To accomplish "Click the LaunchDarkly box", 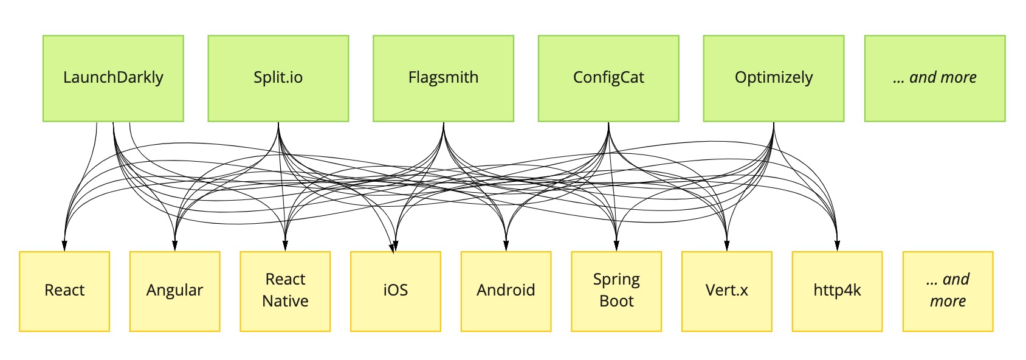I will pos(113,78).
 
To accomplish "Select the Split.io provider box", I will pos(278,78).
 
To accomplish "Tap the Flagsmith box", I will pos(443,78).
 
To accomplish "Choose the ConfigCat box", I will pos(608,78).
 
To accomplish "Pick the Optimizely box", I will pos(774,78).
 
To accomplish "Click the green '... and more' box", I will pos(935,78).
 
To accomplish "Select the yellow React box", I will pos(64,291).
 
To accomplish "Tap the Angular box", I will pos(175,291).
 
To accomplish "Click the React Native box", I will pos(285,291).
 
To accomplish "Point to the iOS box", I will pos(396,291).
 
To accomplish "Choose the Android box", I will pos(506,291).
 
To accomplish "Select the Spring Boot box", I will pos(616,291).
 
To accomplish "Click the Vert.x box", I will pos(727,291).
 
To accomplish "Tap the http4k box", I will pos(837,291).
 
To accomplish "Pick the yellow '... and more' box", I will pos(948,291).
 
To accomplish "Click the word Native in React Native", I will pos(285,302).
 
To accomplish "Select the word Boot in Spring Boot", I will pos(616,302).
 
